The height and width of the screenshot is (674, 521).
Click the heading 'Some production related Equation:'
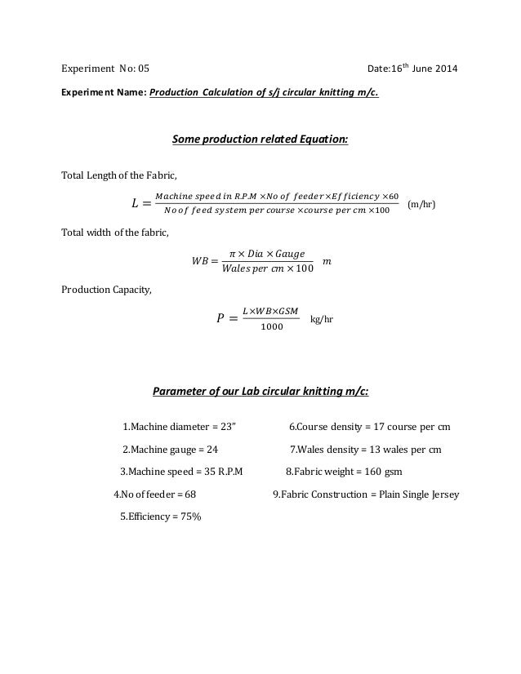click(260, 140)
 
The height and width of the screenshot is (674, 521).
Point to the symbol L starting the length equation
click(136, 203)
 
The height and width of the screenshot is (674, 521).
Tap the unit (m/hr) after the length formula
click(421, 203)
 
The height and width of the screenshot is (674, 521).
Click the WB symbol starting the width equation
click(199, 262)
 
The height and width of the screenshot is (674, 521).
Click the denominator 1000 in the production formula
click(272, 327)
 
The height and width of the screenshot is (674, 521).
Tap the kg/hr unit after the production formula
click(323, 320)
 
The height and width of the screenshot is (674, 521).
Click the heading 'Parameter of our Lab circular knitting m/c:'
click(260, 391)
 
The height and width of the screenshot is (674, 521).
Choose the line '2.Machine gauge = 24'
click(170, 449)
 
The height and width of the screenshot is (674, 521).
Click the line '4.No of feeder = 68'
click(154, 494)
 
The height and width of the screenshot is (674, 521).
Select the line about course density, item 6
click(371, 427)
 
